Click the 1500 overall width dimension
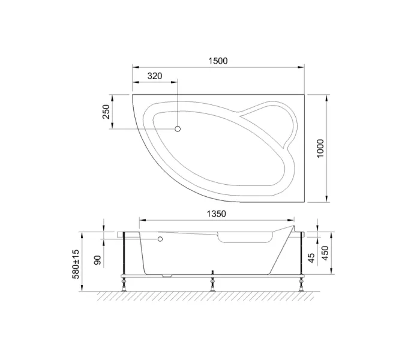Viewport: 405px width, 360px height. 218,61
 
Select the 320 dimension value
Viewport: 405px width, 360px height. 155,76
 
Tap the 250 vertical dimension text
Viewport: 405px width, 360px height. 106,112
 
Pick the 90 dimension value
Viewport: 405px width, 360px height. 97,261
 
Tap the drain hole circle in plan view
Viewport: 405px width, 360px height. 178,129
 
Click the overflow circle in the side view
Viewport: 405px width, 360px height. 160,239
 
